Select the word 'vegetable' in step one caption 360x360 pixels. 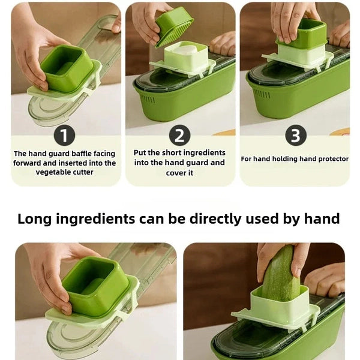tap(53, 172)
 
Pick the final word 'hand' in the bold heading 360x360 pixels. tap(321, 218)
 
